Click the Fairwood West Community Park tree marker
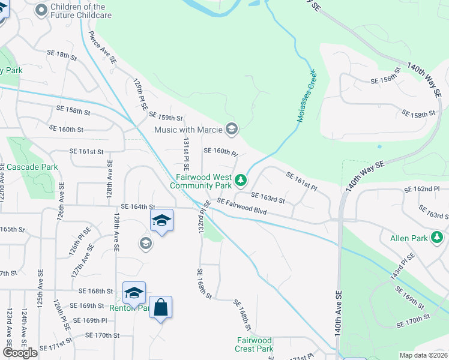pos(241,180)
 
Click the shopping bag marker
pos(160,308)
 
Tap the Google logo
pos(20,353)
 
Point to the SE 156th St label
pos(386,80)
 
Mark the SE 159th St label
pos(166,116)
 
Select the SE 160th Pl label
pos(221,152)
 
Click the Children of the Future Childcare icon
pos(41,10)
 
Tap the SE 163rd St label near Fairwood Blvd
pos(268,197)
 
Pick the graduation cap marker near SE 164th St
pos(161,220)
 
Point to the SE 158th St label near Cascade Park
pos(73,111)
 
